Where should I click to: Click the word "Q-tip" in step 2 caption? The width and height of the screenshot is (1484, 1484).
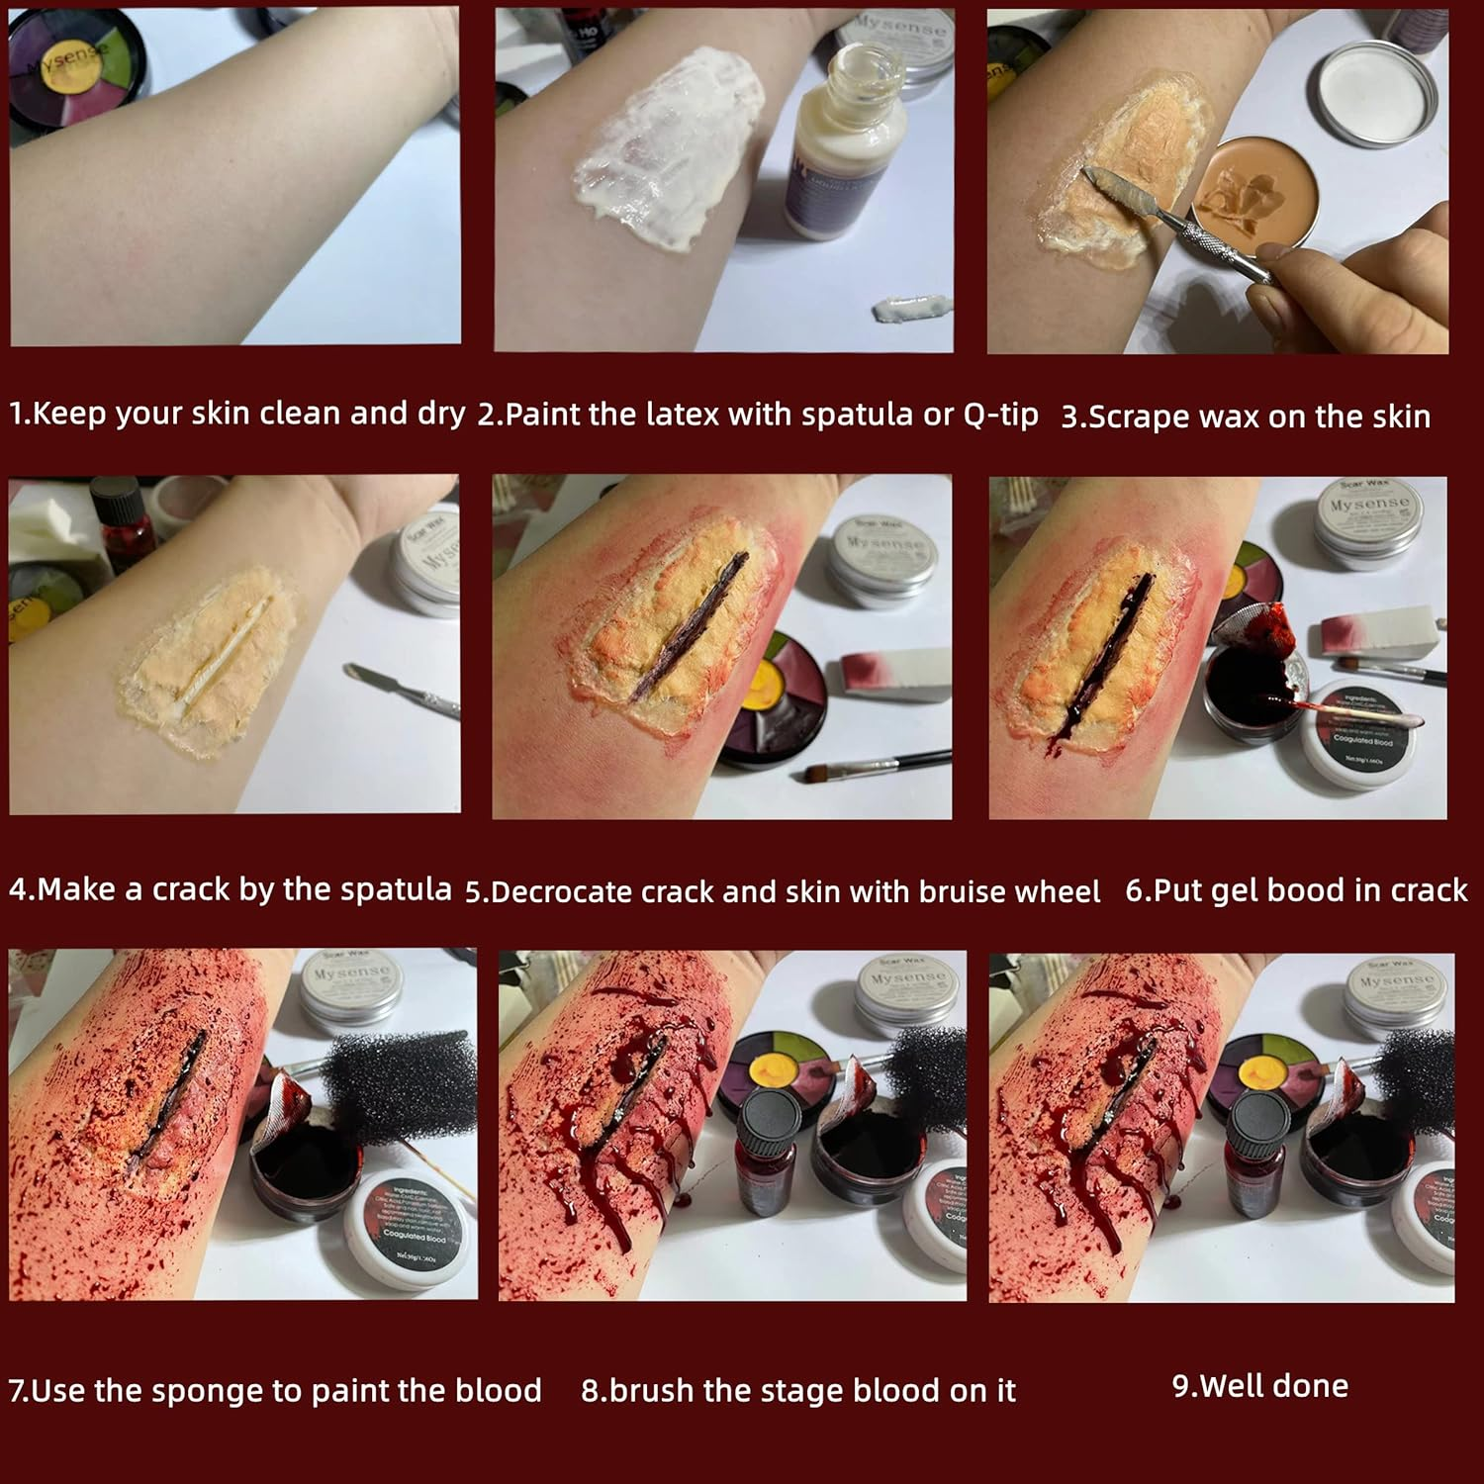coord(1000,415)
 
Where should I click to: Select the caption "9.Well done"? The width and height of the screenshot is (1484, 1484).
coord(1259,1385)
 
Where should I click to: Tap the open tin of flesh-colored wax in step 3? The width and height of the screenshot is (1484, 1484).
coord(1251,197)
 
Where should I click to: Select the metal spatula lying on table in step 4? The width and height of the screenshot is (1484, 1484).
coord(401,689)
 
